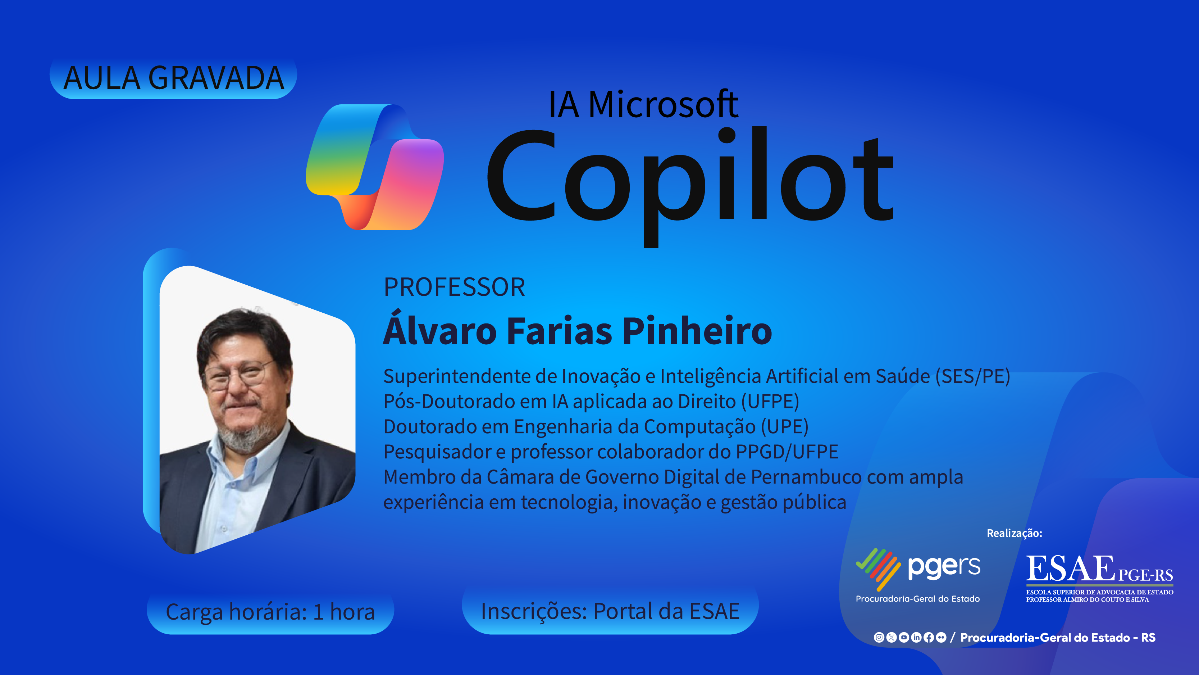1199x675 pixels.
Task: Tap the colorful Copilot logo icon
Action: coord(375,167)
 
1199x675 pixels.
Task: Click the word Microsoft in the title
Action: coord(663,104)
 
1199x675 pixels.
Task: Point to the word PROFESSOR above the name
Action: coord(454,287)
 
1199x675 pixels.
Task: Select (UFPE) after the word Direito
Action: coord(770,402)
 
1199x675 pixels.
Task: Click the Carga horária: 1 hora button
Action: coord(270,612)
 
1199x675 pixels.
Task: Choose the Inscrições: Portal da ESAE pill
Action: coord(610,611)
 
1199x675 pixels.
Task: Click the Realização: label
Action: coord(1014,533)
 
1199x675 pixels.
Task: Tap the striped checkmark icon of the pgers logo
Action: coord(878,568)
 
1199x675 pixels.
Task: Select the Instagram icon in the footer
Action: coord(879,637)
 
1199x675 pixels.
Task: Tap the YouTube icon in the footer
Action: coord(903,637)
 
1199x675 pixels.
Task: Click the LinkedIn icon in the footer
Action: coord(916,637)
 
